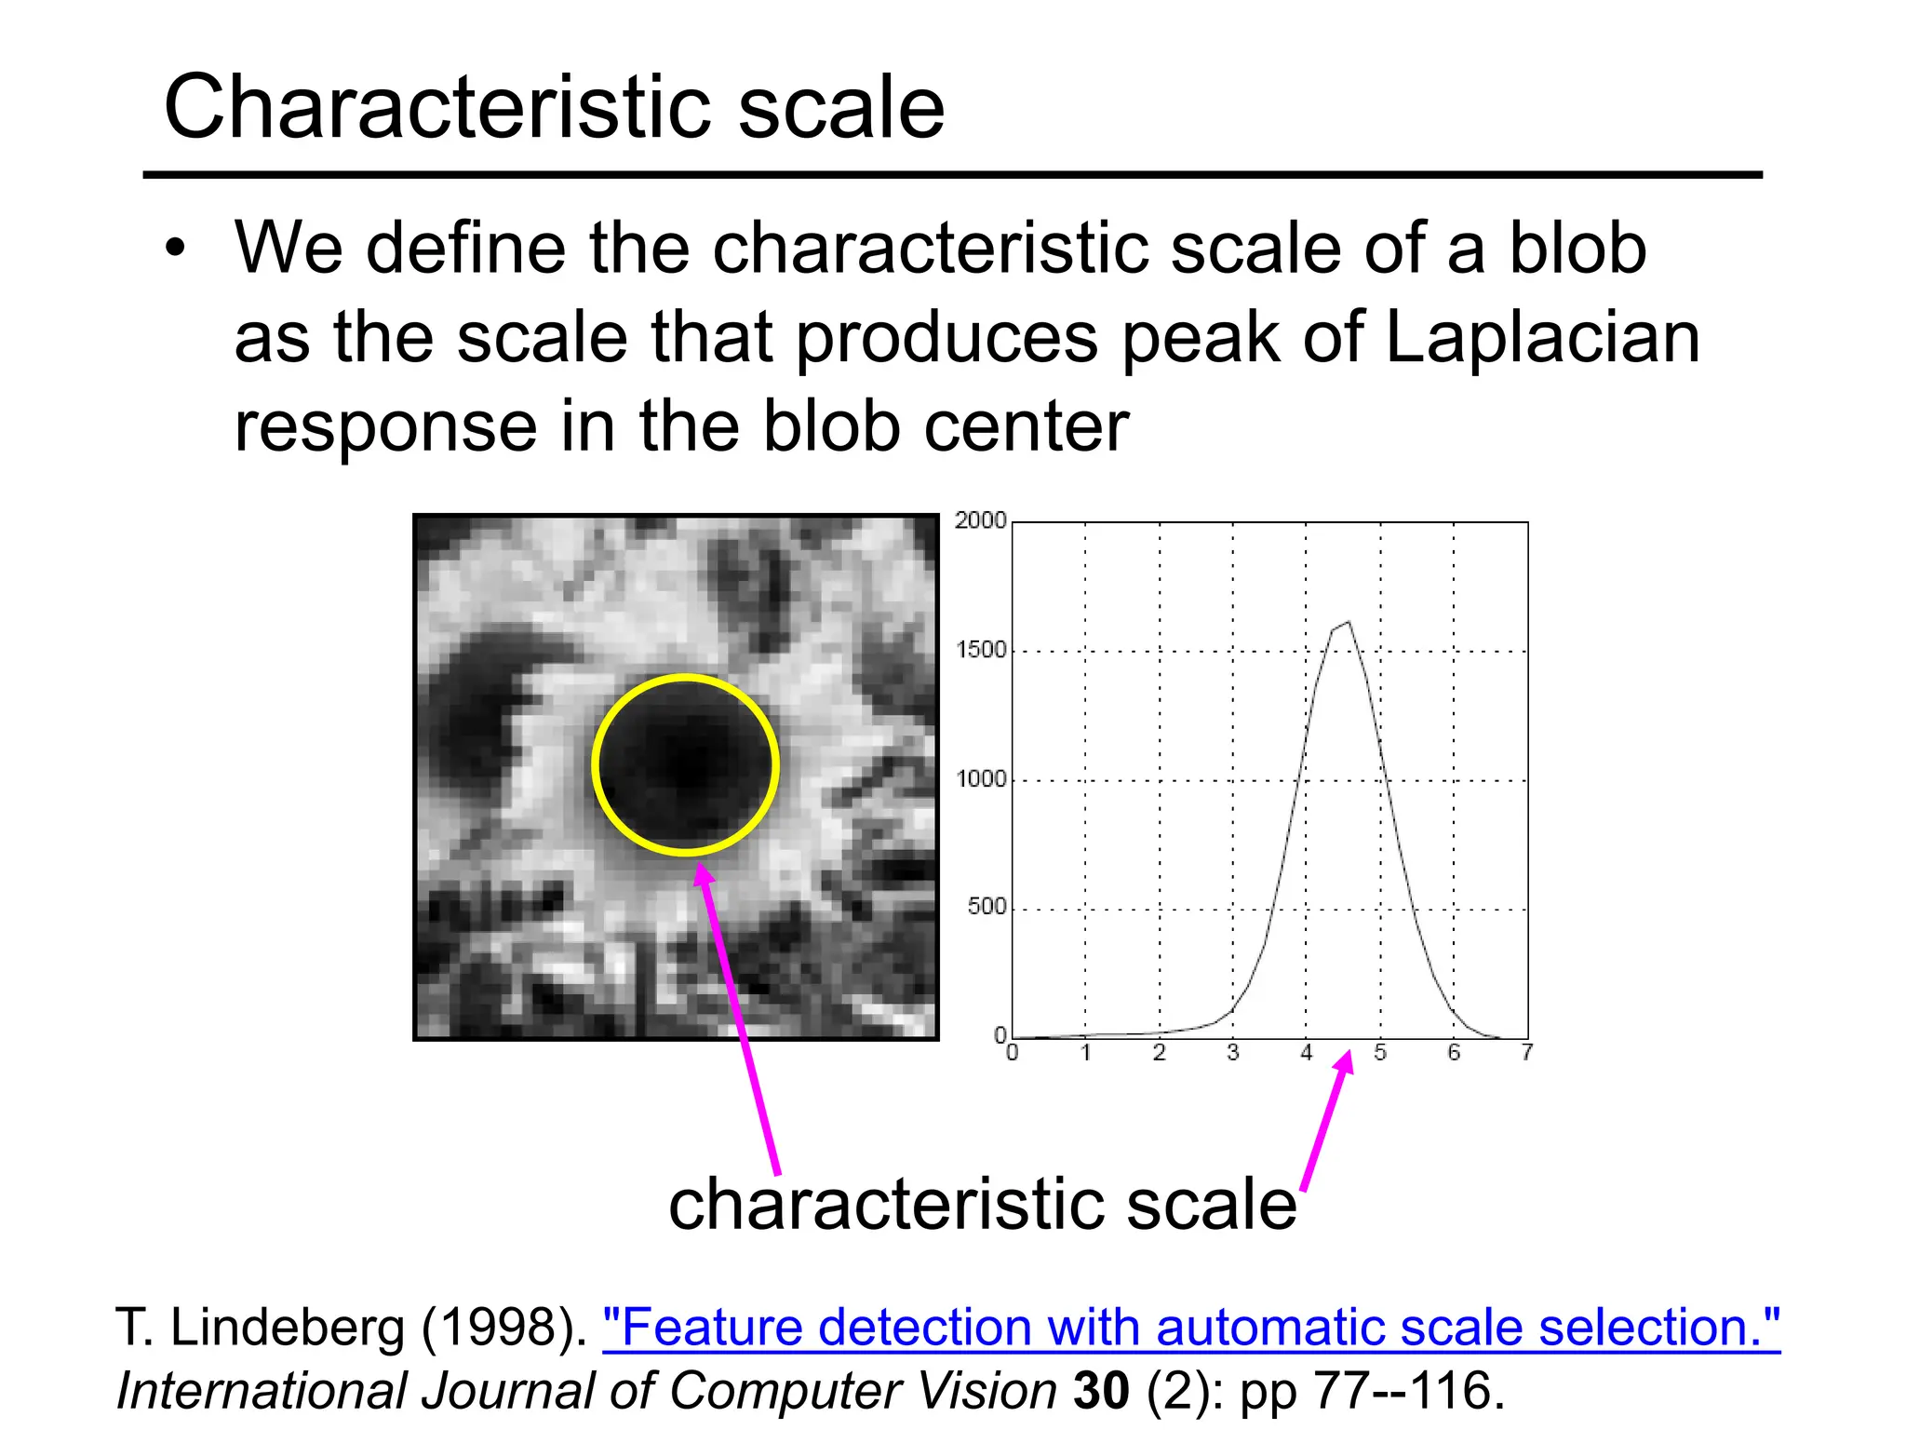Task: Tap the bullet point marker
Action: pos(175,250)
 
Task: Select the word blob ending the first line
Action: pos(1577,249)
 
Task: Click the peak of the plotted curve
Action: pos(1348,623)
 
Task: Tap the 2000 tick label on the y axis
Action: pos(980,520)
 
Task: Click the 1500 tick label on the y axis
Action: pos(981,650)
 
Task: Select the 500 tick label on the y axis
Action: pos(987,907)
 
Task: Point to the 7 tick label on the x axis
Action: pos(1526,1053)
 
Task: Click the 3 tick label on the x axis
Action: pos(1232,1053)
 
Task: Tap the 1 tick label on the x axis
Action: pos(1085,1053)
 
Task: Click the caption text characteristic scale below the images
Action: pos(982,1204)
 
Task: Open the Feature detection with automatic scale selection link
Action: pos(1190,1327)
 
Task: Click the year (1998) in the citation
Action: pos(503,1327)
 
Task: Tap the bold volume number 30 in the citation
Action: pos(1101,1391)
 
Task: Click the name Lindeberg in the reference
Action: pos(288,1327)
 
